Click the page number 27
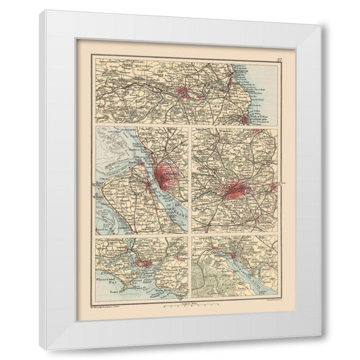pyautogui.click(x=278, y=63)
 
